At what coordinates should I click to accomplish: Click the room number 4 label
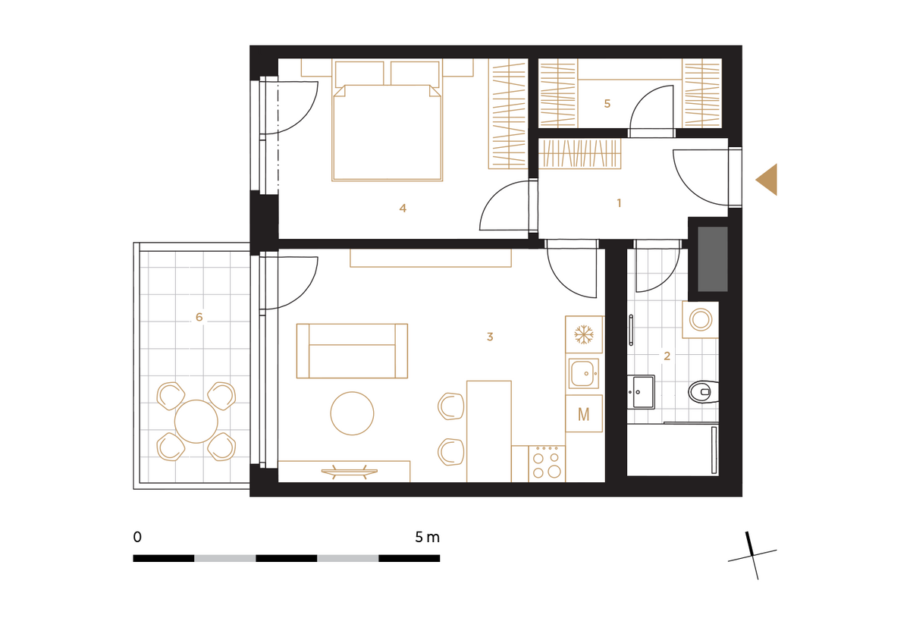403,209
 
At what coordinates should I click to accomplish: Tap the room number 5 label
607,104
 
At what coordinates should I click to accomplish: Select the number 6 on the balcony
199,317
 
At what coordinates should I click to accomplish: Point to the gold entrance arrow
766,180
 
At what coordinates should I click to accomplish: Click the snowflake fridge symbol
584,334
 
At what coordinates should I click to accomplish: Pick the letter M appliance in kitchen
584,413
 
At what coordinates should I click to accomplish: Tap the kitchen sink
584,373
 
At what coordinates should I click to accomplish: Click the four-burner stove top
547,463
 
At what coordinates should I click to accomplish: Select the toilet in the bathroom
704,392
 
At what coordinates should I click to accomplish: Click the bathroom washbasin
641,392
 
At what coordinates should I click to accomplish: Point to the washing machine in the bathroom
701,320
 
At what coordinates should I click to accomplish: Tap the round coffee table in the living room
352,413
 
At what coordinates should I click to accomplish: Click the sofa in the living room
352,351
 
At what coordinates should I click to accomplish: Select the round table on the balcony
196,422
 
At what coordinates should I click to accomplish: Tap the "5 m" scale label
428,537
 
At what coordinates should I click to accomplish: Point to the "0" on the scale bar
137,537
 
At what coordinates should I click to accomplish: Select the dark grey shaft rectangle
713,259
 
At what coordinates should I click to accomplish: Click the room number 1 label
619,203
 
